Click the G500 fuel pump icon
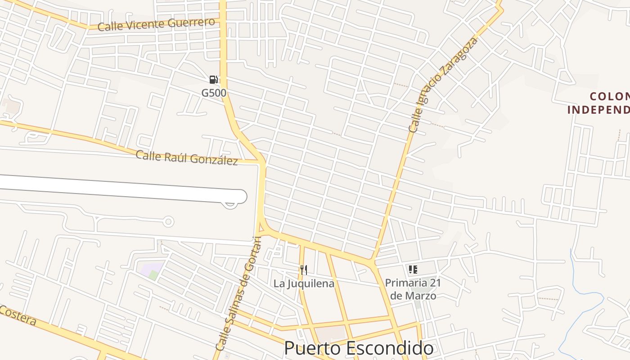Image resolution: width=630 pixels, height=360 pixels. tap(214, 80)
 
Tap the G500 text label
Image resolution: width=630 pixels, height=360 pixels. tap(213, 93)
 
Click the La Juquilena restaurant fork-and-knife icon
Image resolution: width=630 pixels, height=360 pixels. tap(304, 270)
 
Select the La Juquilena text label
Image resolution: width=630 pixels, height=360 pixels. tap(304, 283)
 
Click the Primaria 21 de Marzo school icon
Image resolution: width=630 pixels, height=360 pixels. tap(413, 270)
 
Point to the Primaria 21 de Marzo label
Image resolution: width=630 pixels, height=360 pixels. tap(413, 289)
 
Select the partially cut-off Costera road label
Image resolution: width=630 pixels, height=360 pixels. tap(18, 315)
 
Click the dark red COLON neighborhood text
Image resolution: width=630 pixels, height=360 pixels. tap(609, 96)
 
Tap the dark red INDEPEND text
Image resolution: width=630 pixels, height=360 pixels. tap(598, 110)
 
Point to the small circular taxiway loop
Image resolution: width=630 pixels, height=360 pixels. tap(168, 221)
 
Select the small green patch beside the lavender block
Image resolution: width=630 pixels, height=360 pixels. tap(154, 275)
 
